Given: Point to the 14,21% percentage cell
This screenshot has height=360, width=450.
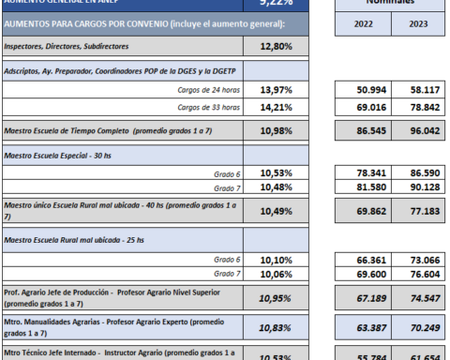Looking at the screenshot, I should click(268, 106).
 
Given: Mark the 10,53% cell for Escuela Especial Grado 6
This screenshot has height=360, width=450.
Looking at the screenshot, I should click(268, 173).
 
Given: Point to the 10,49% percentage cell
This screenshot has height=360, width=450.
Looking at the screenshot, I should click(268, 210).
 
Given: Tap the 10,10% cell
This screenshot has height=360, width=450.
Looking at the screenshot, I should click(268, 259).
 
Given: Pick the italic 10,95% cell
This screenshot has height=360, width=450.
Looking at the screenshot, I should click(268, 298).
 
